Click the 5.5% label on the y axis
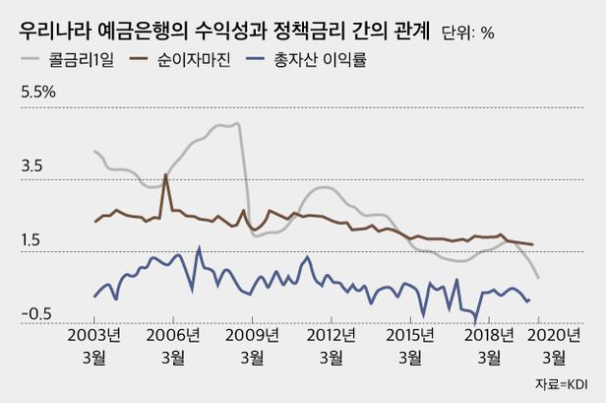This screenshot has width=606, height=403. tap(38, 94)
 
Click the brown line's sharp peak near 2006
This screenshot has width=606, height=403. tap(165, 175)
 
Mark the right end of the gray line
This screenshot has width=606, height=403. tap(538, 278)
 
